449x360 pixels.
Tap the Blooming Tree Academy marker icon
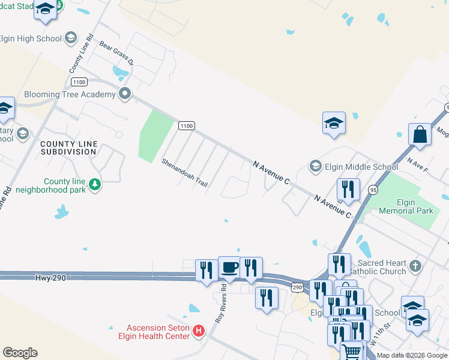[125, 94]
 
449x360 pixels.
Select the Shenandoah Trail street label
[184, 173]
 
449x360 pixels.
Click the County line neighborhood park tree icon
[94, 184]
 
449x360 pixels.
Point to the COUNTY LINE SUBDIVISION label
[68, 148]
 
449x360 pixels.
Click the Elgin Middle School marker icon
[315, 166]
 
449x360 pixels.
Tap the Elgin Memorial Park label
[406, 206]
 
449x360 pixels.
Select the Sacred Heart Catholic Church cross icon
[414, 265]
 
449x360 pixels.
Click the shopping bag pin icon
[420, 134]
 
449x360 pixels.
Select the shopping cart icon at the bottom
[352, 350]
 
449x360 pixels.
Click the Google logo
[20, 353]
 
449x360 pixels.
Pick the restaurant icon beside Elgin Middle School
[348, 189]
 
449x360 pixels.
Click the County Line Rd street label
[82, 53]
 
